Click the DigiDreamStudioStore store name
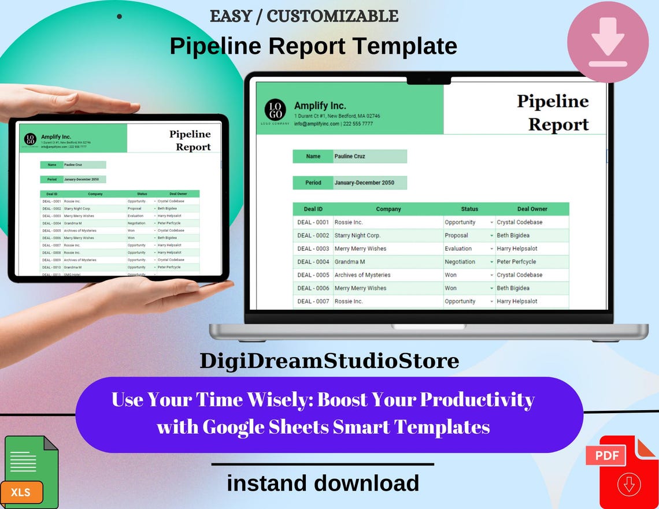click(329, 361)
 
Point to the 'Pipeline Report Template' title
click(313, 46)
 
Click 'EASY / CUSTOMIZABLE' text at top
click(304, 16)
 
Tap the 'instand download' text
click(323, 483)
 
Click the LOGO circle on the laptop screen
click(275, 110)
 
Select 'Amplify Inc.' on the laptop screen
click(320, 106)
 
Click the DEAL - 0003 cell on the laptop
click(313, 248)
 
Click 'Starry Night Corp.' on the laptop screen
click(357, 235)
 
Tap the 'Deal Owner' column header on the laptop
click(532, 209)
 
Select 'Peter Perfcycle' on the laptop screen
click(516, 262)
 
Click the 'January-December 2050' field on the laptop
click(364, 183)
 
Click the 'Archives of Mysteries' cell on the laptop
click(362, 275)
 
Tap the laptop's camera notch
click(428, 79)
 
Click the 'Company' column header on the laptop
click(388, 209)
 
